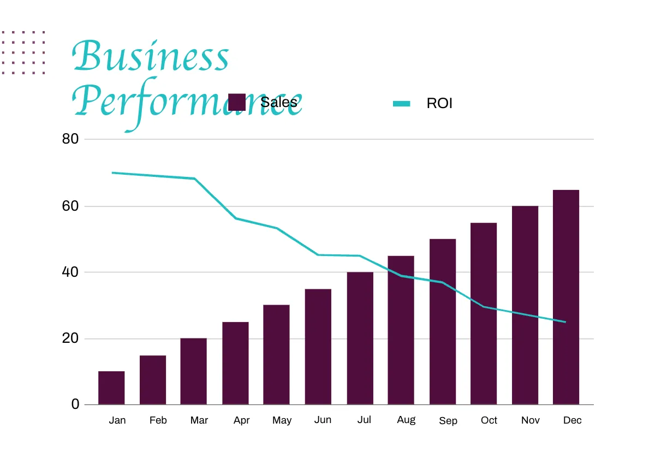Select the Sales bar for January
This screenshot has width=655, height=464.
111,388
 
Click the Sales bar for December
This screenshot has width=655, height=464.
565,298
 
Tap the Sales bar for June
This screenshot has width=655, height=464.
318,347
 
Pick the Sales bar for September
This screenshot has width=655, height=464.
442,322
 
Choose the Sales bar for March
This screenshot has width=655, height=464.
194,371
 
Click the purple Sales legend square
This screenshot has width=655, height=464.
236,102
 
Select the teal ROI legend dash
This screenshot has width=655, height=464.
402,103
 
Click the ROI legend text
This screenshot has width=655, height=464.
439,103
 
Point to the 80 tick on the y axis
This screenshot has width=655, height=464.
71,139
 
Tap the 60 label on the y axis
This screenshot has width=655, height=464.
71,206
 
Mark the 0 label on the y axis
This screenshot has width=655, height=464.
75,404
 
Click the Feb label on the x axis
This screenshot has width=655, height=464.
158,420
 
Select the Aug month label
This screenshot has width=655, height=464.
406,420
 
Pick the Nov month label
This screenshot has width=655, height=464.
530,420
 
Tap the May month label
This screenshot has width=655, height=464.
282,420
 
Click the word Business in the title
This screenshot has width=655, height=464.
151,56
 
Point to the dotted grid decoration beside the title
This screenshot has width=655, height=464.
23,52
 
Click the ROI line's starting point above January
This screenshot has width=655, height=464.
112,172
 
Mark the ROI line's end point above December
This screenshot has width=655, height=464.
565,322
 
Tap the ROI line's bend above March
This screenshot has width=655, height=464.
194,179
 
